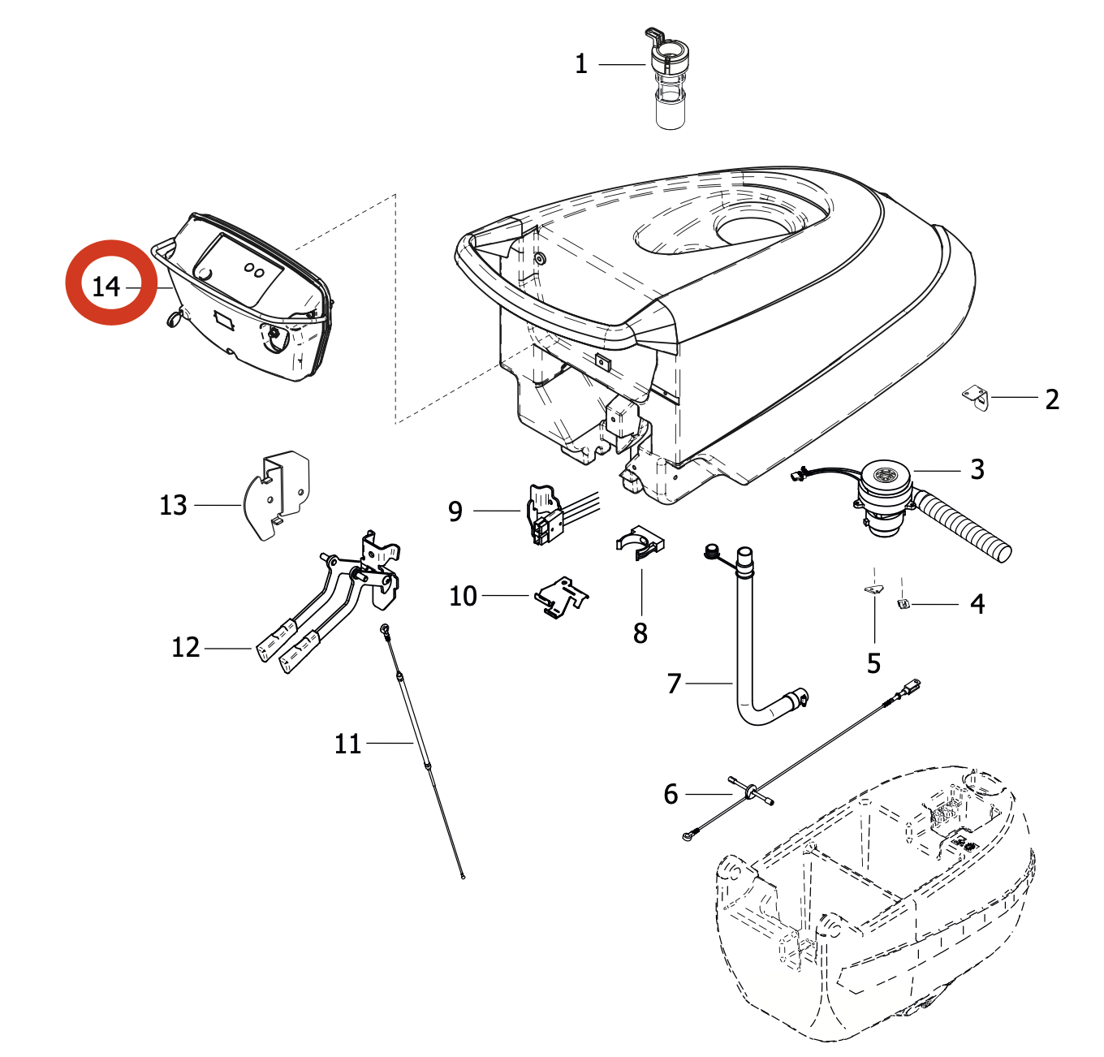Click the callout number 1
coord(581,64)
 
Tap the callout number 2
coord(1052,399)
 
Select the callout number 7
coord(674,684)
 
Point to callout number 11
coord(347,744)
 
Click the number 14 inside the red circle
coord(106,287)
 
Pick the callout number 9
coord(455,511)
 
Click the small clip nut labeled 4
coord(903,603)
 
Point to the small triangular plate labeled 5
coord(873,589)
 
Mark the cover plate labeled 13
coord(276,495)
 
